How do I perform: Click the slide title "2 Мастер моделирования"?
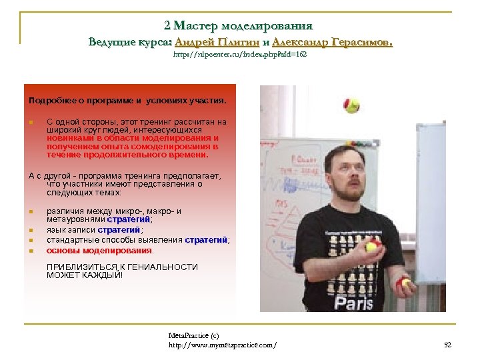237,26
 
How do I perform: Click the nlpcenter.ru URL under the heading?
239,55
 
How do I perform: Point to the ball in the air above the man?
351,105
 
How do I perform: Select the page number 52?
447,345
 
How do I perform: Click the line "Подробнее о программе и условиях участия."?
127,101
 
